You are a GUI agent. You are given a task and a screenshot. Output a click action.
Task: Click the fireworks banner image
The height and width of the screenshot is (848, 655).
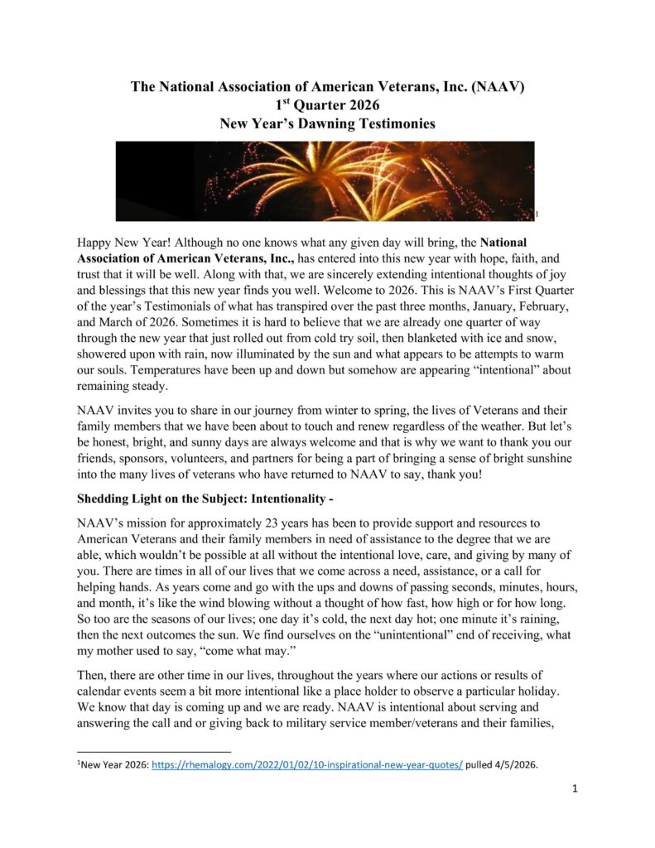325,181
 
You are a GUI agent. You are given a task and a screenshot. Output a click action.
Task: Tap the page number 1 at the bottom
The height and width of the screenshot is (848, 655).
575,788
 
